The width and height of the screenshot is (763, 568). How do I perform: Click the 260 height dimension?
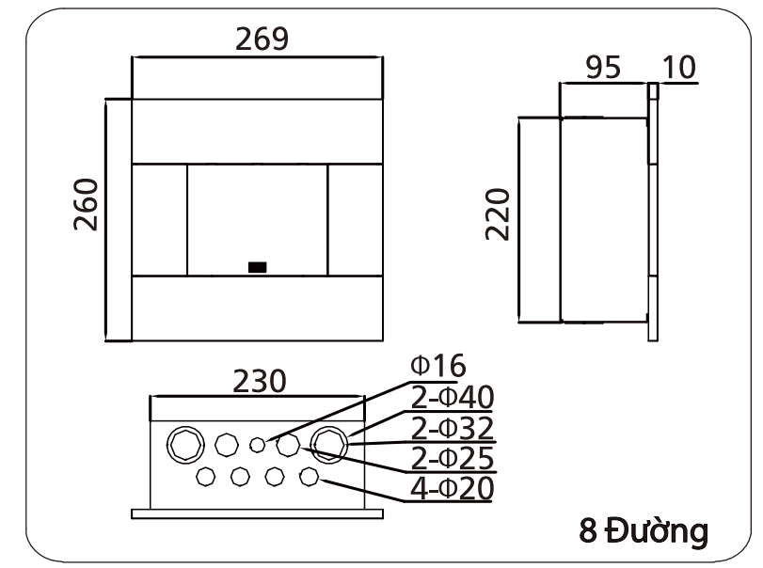[x=87, y=203]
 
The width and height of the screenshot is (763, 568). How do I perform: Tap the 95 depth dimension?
[x=604, y=69]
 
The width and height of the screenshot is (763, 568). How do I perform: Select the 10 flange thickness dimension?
[x=678, y=69]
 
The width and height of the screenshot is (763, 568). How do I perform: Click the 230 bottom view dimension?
[x=260, y=381]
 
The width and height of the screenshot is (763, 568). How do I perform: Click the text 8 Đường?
[x=643, y=531]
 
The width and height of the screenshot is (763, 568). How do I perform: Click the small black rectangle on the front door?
[x=257, y=267]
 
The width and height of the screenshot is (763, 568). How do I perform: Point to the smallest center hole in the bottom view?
[x=257, y=444]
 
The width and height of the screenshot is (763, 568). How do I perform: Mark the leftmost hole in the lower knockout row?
[x=205, y=477]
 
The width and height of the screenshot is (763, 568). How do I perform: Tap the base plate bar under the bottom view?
[x=257, y=513]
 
